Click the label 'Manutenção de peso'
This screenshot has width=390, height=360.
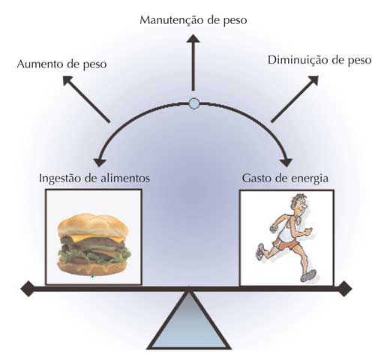pyautogui.click(x=193, y=20)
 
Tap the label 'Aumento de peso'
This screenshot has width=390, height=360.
pyautogui.click(x=61, y=64)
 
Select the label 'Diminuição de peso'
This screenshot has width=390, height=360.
pyautogui.click(x=319, y=60)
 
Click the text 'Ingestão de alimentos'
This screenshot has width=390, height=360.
pyautogui.click(x=94, y=178)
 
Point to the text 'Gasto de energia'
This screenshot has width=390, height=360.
pyautogui.click(x=285, y=178)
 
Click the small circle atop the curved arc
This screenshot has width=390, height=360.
pyautogui.click(x=194, y=103)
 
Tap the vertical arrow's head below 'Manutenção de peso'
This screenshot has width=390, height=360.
pyautogui.click(x=193, y=39)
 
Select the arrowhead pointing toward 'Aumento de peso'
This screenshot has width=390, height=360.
pyautogui.click(x=67, y=80)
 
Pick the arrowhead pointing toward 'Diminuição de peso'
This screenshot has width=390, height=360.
pyautogui.click(x=313, y=80)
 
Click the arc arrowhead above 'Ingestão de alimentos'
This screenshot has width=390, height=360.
pyautogui.click(x=100, y=163)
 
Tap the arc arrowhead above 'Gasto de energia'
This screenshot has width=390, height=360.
pyautogui.click(x=286, y=163)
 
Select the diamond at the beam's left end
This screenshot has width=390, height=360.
pyautogui.click(x=28, y=289)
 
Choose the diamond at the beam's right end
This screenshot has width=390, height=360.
pyautogui.click(x=344, y=289)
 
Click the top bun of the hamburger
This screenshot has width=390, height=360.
pyautogui.click(x=93, y=225)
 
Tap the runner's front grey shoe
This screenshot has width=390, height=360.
pyautogui.click(x=308, y=276)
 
